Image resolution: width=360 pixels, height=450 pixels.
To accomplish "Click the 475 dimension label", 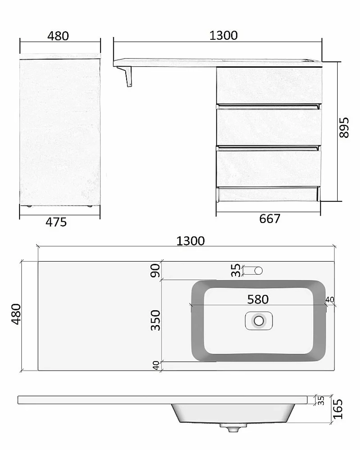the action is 56,222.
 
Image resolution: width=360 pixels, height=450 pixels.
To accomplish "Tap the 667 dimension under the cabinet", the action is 270,219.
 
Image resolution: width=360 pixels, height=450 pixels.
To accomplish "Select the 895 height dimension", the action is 344,127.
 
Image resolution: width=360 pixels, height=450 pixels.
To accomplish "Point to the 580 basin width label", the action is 258,300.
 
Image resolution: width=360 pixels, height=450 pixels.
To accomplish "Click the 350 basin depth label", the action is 156,320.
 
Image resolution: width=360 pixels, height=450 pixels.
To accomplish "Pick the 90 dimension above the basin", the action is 156,270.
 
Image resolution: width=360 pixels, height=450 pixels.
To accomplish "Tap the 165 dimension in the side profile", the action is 338,409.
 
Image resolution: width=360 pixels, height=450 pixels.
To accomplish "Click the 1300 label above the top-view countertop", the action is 190,241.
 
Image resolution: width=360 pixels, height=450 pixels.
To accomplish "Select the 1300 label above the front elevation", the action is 224,36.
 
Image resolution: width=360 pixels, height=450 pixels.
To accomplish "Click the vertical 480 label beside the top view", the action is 16,314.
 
